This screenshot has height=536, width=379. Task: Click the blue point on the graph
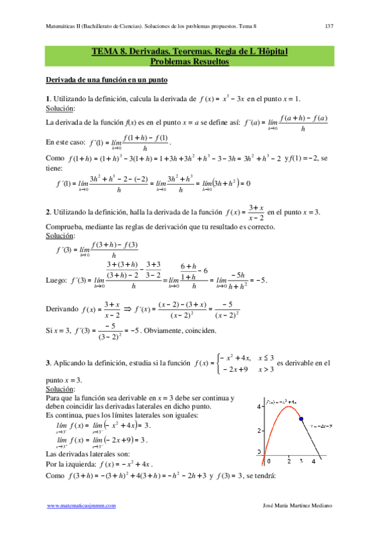pyautogui.click(x=301, y=418)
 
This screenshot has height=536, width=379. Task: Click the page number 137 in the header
pyautogui.click(x=329, y=26)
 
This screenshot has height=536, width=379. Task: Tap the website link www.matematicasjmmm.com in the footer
pyautogui.click(x=84, y=506)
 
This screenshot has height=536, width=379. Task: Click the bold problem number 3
pyautogui.click(x=48, y=364)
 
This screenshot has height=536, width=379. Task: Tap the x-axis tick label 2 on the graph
pyautogui.click(x=289, y=462)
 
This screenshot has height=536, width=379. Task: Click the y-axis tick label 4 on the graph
pyautogui.click(x=259, y=407)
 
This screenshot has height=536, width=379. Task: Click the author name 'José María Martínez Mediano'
pyautogui.click(x=297, y=506)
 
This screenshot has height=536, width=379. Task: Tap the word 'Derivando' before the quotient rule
pyautogui.click(x=63, y=309)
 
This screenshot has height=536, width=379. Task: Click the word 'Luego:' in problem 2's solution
pyautogui.click(x=58, y=280)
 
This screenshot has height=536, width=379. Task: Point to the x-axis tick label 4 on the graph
pyautogui.click(x=313, y=462)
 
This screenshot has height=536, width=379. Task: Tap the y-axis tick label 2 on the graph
pyautogui.click(x=259, y=430)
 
